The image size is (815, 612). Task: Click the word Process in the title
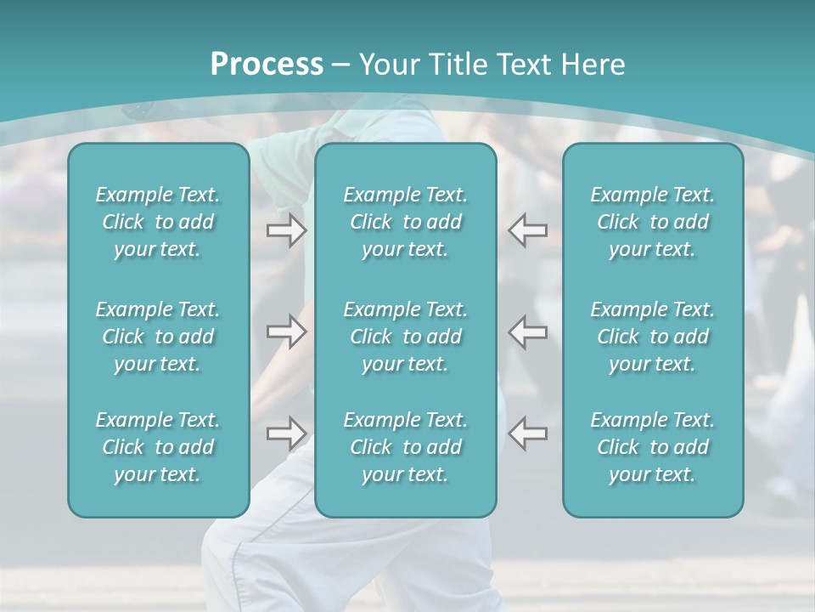coord(267,65)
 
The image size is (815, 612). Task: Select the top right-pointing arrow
coord(286,230)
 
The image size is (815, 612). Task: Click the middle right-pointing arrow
coord(286,331)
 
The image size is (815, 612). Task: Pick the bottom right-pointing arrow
coord(286,433)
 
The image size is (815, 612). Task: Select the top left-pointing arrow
coord(528,230)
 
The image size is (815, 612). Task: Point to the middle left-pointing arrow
coord(528,331)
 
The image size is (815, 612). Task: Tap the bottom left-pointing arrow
coord(528,433)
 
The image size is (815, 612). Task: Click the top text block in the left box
coord(158,222)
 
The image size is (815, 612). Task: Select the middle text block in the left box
coord(158,337)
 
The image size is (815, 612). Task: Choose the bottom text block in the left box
coord(158,447)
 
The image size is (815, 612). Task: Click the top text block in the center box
coord(405,222)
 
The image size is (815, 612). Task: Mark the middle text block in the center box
coord(405,337)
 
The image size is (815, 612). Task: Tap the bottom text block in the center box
coord(405,447)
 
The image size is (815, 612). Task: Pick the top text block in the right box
coord(652,222)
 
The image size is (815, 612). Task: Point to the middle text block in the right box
coord(652,337)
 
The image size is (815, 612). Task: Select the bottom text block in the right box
coord(652,447)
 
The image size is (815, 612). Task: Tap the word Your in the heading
coord(387,65)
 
